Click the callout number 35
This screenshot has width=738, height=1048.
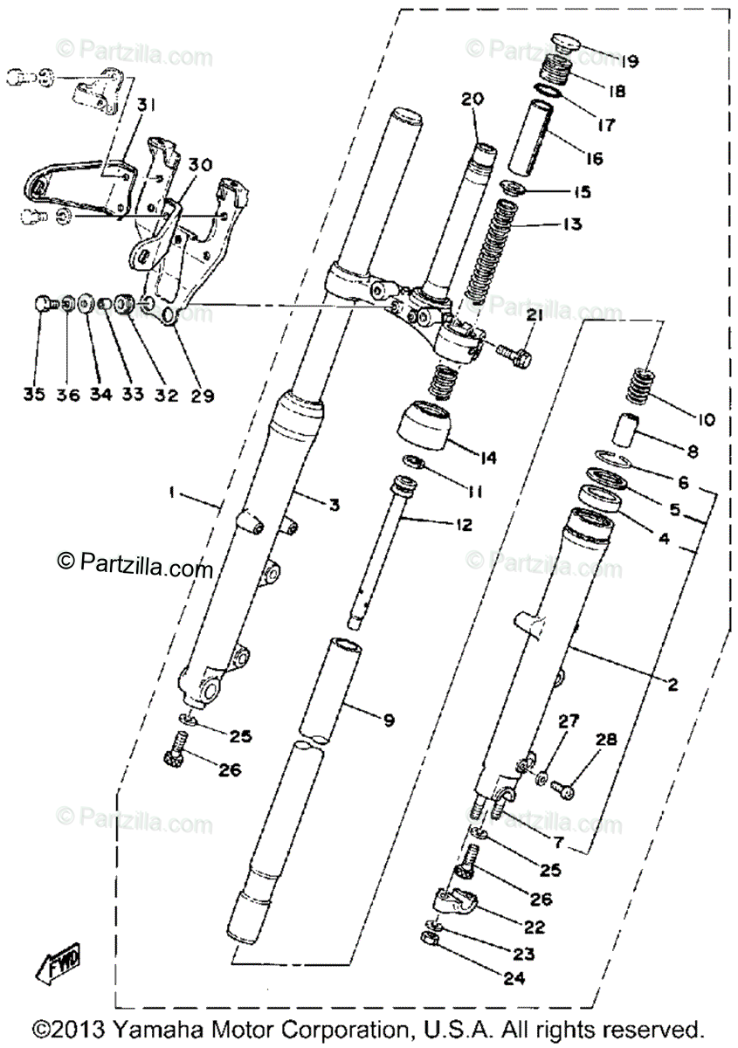click(34, 395)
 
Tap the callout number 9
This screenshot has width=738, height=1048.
click(388, 720)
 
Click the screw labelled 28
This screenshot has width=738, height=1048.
click(566, 789)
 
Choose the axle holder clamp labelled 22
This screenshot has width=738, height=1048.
click(455, 900)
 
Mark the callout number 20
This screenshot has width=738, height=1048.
click(472, 100)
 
